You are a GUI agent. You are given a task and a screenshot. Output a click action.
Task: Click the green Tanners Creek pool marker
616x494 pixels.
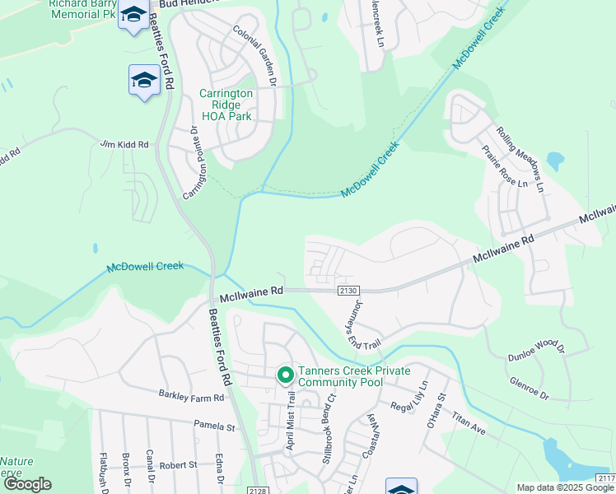point(286,375)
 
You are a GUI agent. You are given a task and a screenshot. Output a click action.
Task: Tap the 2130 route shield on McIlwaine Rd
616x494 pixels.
point(347,291)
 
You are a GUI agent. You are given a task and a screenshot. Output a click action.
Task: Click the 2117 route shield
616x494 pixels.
point(605,478)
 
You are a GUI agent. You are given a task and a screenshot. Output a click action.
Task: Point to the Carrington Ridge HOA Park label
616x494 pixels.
point(226,105)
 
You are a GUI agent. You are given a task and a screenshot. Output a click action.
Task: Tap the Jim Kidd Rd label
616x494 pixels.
point(125,144)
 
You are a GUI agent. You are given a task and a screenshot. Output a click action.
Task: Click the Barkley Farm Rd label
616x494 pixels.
point(191,398)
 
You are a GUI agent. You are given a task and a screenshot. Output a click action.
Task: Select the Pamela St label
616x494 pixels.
point(214,427)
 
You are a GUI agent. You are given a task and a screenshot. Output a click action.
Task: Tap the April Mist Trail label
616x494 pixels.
point(290,420)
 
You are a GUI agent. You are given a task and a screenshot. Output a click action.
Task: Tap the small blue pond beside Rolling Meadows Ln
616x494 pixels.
point(555,158)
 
